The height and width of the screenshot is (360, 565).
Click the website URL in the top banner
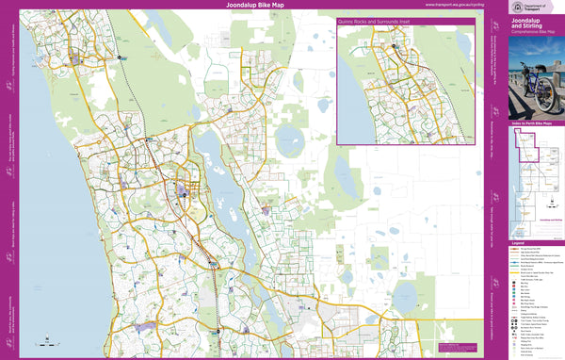click(x=456, y=5)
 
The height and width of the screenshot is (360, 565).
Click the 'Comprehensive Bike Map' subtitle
click(x=533, y=33)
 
